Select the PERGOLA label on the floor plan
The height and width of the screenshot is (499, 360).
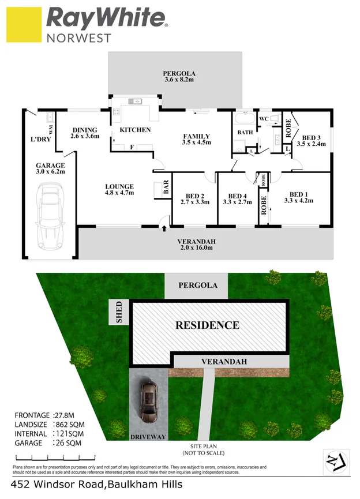(179, 73)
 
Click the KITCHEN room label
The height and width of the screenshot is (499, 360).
(135, 130)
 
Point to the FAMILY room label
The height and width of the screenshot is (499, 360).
(196, 135)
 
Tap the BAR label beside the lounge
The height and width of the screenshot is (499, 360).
(166, 190)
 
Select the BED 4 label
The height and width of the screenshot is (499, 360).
(237, 195)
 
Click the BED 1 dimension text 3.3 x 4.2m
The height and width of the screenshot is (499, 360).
(298, 201)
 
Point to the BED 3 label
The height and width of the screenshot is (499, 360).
(312, 137)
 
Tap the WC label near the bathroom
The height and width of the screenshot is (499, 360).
(264, 119)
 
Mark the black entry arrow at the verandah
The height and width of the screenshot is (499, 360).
(165, 228)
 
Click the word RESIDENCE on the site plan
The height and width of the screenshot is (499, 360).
(207, 325)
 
